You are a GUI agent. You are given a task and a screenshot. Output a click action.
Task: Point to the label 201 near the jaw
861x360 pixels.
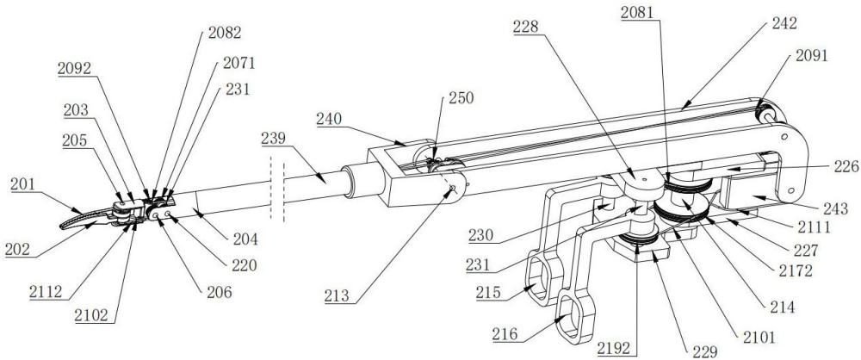[23, 183]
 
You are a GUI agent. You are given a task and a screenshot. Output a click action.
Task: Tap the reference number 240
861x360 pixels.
[331, 119]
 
